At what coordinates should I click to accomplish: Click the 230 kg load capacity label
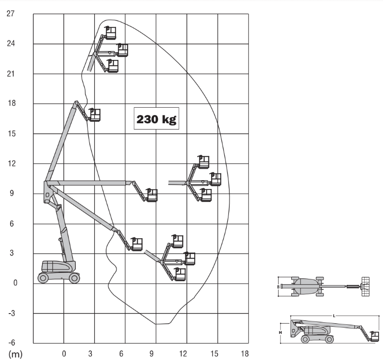pyautogui.click(x=156, y=119)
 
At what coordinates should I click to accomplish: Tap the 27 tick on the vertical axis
pyautogui.click(x=11, y=14)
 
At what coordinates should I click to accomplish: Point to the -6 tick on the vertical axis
pyautogui.click(x=12, y=343)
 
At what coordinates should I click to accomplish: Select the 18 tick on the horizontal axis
pyautogui.click(x=245, y=354)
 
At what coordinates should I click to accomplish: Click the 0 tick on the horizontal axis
pyautogui.click(x=64, y=354)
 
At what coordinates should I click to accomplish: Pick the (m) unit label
pyautogui.click(x=15, y=354)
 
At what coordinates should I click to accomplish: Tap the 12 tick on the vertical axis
pyautogui.click(x=12, y=163)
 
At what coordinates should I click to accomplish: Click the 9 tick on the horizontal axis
pyautogui.click(x=152, y=354)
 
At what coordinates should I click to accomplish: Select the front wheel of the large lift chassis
pyautogui.click(x=74, y=278)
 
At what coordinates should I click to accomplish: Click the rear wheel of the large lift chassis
pyautogui.click(x=43, y=278)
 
